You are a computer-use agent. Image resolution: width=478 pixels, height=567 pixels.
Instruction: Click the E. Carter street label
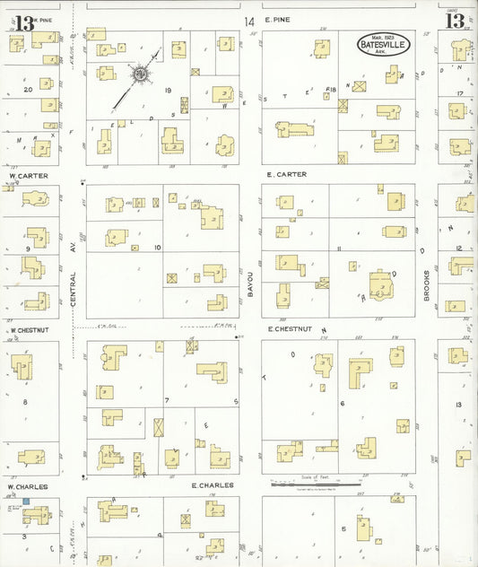click(286, 174)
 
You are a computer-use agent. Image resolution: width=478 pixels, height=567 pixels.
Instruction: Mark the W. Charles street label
click(27, 487)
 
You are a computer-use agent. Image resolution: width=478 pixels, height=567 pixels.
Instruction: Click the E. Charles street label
click(213, 485)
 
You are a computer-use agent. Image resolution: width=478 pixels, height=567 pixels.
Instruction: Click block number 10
click(157, 247)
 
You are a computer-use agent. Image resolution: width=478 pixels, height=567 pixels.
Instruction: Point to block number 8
click(25, 402)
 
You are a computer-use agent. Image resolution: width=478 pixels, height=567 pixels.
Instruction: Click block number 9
click(28, 248)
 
